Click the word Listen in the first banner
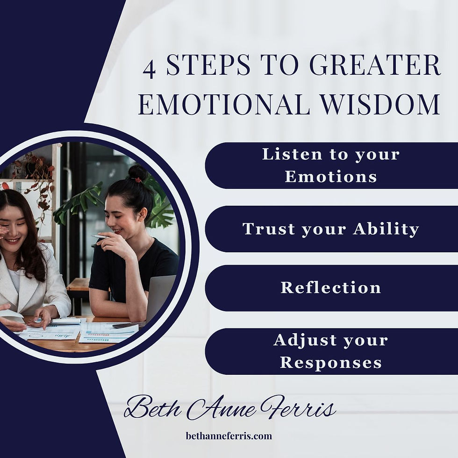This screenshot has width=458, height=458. pyautogui.click(x=286, y=154)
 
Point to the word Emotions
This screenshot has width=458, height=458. pyautogui.click(x=331, y=177)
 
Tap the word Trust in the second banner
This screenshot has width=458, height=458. pyautogui.click(x=268, y=229)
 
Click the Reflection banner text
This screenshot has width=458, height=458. pyautogui.click(x=331, y=287)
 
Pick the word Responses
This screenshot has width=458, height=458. pyautogui.click(x=331, y=363)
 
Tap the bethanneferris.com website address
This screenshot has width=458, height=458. pyautogui.click(x=229, y=436)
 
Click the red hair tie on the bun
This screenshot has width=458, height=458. pyautogui.click(x=137, y=179)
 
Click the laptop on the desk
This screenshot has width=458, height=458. pyautogui.click(x=159, y=299)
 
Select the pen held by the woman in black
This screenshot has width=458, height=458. pyautogui.click(x=100, y=237)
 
